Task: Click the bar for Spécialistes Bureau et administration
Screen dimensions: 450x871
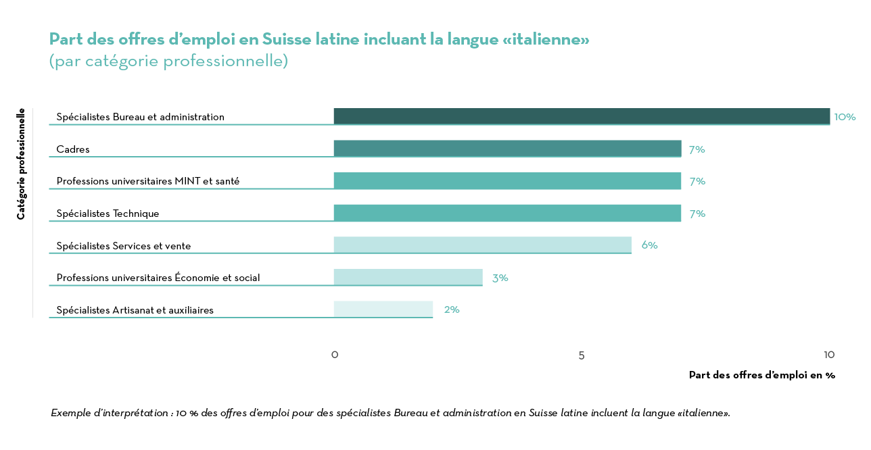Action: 582,116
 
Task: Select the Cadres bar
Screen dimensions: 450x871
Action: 507,149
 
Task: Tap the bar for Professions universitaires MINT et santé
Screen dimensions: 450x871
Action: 507,180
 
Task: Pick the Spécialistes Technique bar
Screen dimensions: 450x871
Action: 507,213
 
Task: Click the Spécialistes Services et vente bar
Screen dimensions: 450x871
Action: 482,245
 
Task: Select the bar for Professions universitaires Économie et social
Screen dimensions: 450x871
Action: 408,277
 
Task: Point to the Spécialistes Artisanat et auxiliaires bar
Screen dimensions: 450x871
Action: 383,309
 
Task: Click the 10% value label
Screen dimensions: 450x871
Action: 845,117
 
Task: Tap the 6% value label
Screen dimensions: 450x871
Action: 649,245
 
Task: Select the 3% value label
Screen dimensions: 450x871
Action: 500,278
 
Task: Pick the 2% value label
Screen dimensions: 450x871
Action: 451,309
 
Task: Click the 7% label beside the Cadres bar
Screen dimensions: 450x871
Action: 697,149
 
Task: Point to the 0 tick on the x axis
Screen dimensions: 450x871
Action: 334,355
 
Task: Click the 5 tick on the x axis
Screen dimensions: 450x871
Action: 582,355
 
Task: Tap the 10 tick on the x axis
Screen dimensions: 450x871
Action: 829,355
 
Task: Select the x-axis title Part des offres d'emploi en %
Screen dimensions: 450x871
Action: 761,375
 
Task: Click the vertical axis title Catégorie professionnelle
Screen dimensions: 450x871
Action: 21,164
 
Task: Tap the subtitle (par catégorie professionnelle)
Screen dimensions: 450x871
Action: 168,61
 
